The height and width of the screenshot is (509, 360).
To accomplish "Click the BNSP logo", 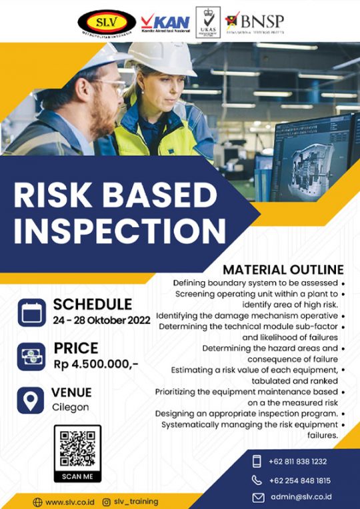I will pos(256,21).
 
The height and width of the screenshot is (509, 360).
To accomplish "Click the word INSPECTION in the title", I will pos(120,230).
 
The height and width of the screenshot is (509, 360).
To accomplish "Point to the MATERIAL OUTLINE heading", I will pos(283,270).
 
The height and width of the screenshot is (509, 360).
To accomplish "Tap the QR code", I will pos(77,448).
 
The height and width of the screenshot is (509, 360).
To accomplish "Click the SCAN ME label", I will pos(77,476).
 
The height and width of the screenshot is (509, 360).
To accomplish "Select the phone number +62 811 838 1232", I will pos(299,461).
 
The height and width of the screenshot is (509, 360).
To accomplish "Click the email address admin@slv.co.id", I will pos(301,497).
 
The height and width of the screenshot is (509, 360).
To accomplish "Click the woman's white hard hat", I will pos(161,59).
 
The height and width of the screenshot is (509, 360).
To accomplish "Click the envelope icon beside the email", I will pos(258,497).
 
